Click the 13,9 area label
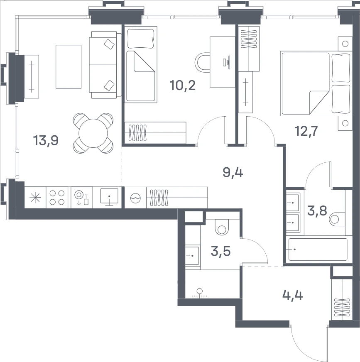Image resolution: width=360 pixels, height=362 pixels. coord(46,140)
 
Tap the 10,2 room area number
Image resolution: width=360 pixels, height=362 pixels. coord(183,85)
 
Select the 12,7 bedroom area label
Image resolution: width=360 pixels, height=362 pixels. coord(306,131)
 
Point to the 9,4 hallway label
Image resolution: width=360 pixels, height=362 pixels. coord(233,172)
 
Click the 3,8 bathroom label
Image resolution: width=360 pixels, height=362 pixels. coord(317,211)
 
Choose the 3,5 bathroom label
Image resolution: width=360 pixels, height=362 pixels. coord(220,251)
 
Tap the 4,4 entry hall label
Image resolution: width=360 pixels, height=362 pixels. coord(293,295)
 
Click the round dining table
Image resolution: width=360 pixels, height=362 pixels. coord(93,133)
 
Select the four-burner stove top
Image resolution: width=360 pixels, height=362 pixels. coord(57,198)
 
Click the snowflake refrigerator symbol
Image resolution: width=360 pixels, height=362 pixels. coord(35,198)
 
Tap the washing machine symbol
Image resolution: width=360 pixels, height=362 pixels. coord(135,198)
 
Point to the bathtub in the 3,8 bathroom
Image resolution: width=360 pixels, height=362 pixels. coord(318,249)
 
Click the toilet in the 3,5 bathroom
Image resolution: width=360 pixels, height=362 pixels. coord(222,227)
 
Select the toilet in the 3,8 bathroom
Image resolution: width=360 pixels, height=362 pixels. coord(337,219)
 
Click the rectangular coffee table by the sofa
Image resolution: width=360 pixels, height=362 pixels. coord(69,67)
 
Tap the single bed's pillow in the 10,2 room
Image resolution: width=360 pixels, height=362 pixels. coord(141,38)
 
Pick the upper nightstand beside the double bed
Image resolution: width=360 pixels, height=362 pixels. coord(345,44)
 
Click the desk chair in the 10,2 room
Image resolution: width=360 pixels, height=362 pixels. coord(202,62)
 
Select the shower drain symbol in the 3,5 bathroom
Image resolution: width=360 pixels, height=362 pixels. coord(199,293)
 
